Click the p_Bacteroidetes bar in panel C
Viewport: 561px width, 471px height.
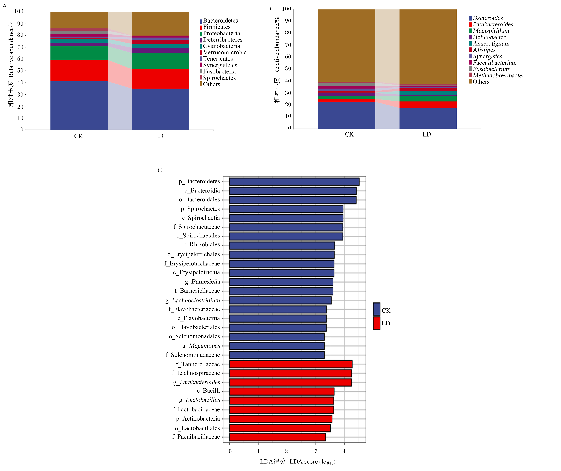coord(294,182)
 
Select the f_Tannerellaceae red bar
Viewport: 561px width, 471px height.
coord(291,364)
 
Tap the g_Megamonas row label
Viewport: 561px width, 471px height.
coord(201,346)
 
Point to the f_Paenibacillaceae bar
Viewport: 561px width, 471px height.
coord(277,437)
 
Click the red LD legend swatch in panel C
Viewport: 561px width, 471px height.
coord(377,323)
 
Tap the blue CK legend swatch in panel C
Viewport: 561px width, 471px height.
coord(377,309)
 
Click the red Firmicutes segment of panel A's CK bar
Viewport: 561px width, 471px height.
coord(79,71)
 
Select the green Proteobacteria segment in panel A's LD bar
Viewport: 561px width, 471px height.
coord(160,61)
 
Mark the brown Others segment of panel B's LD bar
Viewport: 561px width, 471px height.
coord(428,47)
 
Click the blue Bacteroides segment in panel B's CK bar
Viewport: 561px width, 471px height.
coord(346,115)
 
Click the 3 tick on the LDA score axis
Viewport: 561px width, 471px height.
coord(316,451)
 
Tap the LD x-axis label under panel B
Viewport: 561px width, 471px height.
coord(427,134)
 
